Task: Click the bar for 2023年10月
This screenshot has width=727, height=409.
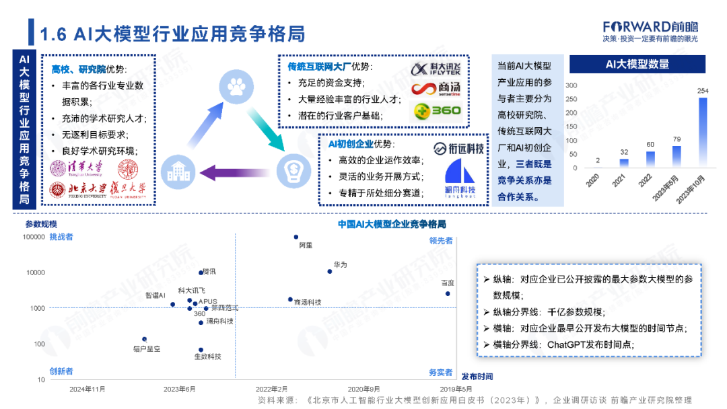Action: click(703, 133)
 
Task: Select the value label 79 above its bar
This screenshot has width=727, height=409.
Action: click(676, 140)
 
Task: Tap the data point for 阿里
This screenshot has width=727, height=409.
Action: click(296, 237)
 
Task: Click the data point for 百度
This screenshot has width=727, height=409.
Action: click(448, 293)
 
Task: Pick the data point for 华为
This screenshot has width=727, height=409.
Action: click(330, 271)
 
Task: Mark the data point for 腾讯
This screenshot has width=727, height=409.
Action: click(201, 272)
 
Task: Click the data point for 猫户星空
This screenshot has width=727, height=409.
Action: click(144, 339)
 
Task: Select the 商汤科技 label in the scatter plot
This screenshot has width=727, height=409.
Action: click(308, 303)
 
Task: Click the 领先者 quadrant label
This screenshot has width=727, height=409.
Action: click(441, 240)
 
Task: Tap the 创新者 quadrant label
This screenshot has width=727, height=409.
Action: click(61, 371)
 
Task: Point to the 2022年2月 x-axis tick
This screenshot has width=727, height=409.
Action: click(271, 389)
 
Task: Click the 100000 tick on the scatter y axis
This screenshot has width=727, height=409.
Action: click(34, 237)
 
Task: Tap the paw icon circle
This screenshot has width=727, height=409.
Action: click(235, 87)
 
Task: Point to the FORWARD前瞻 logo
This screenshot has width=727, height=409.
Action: click(650, 27)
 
